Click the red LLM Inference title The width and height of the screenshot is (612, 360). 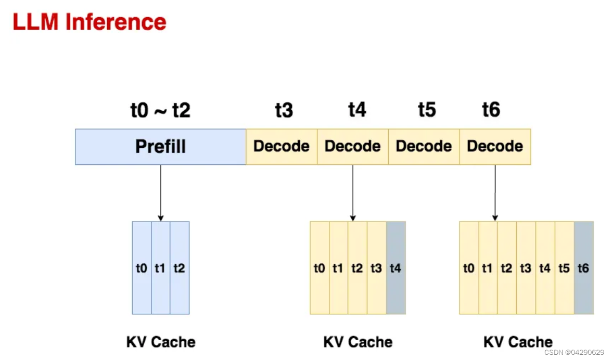pyautogui.click(x=89, y=22)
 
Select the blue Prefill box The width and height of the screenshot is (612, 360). pyautogui.click(x=160, y=147)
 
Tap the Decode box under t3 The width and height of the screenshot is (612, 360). pyautogui.click(x=282, y=147)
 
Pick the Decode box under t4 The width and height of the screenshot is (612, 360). pyautogui.click(x=353, y=147)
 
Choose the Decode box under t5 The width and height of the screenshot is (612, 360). pyautogui.click(x=424, y=147)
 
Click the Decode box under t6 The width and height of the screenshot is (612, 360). pyautogui.click(x=495, y=147)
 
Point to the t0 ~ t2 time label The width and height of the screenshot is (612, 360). pyautogui.click(x=160, y=110)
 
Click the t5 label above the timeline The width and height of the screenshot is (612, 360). pyautogui.click(x=427, y=110)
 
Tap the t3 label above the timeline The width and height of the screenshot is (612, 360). pyautogui.click(x=284, y=110)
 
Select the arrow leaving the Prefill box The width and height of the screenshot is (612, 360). pyautogui.click(x=161, y=192)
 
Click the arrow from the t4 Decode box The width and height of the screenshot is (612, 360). pyautogui.click(x=353, y=192)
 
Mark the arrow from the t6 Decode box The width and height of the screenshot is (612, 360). pyautogui.click(x=495, y=192)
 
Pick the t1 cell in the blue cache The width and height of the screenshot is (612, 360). pyautogui.click(x=160, y=268)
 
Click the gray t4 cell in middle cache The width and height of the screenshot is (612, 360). pyautogui.click(x=396, y=268)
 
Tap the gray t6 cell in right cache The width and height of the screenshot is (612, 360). pyautogui.click(x=583, y=268)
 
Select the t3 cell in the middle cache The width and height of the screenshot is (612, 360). pyautogui.click(x=376, y=268)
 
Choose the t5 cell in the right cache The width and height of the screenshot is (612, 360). pyautogui.click(x=564, y=268)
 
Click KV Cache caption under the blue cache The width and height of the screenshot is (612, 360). pyautogui.click(x=161, y=342)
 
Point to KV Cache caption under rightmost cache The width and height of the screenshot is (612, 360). pyautogui.click(x=518, y=342)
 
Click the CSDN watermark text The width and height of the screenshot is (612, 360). pyautogui.click(x=574, y=353)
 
